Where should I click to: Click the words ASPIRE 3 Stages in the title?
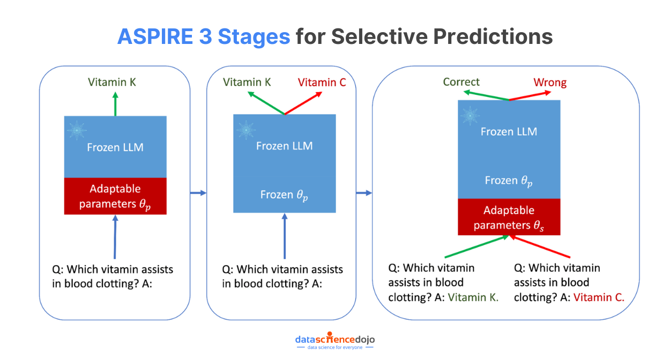[204, 36]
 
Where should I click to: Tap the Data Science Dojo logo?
[335, 341]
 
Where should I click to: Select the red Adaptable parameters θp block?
[115, 197]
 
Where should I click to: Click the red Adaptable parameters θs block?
[509, 217]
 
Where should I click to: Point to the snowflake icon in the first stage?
[77, 130]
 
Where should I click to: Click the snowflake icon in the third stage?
[470, 115]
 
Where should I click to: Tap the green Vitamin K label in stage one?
[112, 82]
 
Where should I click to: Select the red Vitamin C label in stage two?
[322, 82]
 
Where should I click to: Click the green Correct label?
[461, 82]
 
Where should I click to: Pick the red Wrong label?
[549, 82]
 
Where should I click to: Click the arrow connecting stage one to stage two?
[198, 193]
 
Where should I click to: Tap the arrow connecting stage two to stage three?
[364, 193]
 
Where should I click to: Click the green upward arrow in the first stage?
[115, 103]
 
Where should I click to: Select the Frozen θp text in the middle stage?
[284, 194]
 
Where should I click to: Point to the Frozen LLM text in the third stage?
[509, 132]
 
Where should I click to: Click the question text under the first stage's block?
[113, 276]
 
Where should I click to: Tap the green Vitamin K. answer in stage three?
[473, 297]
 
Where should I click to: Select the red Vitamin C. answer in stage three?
[599, 297]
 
